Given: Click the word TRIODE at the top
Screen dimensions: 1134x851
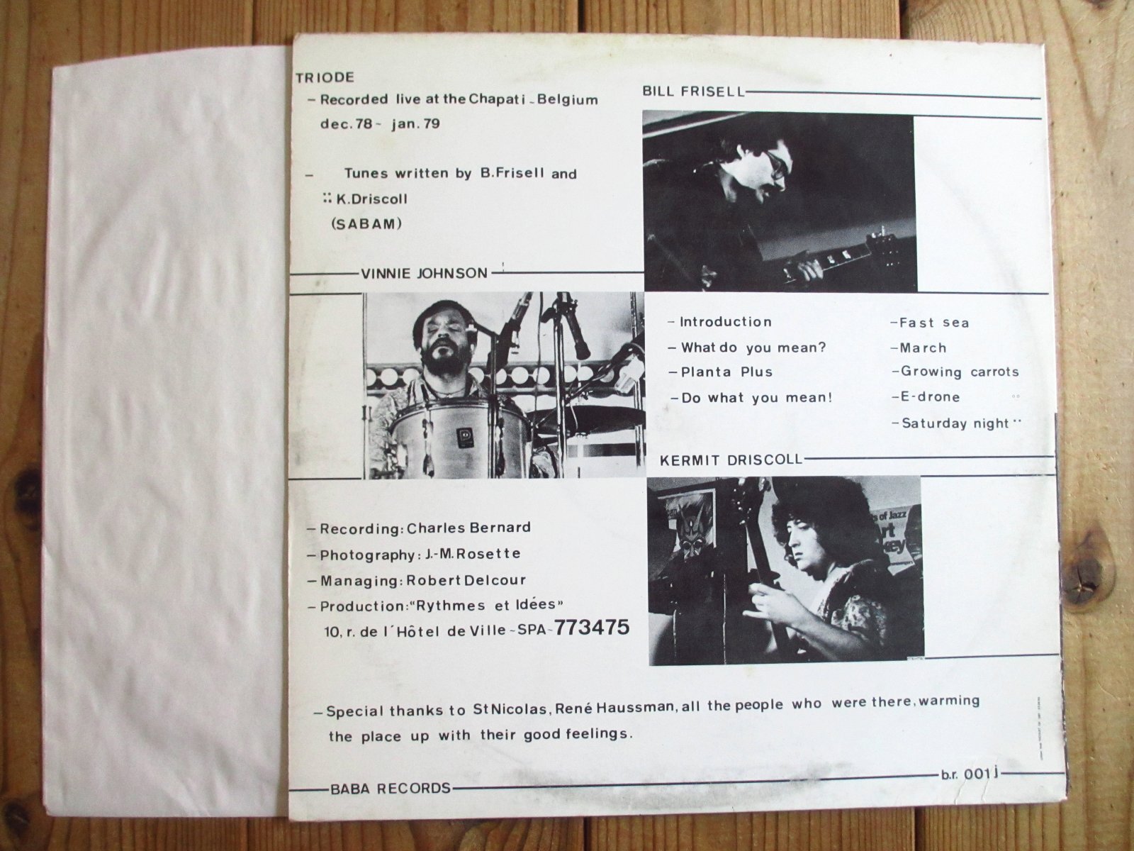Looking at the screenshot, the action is [325, 77].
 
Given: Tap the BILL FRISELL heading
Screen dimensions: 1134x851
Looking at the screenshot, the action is [693, 91].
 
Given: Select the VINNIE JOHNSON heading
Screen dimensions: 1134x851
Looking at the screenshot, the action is [424, 273].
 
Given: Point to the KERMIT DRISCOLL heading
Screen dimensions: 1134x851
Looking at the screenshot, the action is [731, 460].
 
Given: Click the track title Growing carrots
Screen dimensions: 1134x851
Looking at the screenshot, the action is [960, 372].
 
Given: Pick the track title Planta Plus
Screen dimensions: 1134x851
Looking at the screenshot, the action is [726, 372].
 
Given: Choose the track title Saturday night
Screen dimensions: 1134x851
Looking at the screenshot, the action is [955, 423].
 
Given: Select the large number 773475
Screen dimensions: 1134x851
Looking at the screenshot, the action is [592, 628].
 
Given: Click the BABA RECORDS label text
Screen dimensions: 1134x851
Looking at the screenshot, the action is [390, 789].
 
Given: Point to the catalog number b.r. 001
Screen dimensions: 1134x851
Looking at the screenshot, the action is [969, 774].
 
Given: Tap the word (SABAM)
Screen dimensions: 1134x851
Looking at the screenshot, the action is [366, 224].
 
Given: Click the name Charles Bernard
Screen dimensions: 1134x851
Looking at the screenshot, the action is [468, 528].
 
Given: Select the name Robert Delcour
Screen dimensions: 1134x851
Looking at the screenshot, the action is [466, 580].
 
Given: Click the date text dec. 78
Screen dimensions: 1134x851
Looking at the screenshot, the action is [346, 125].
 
